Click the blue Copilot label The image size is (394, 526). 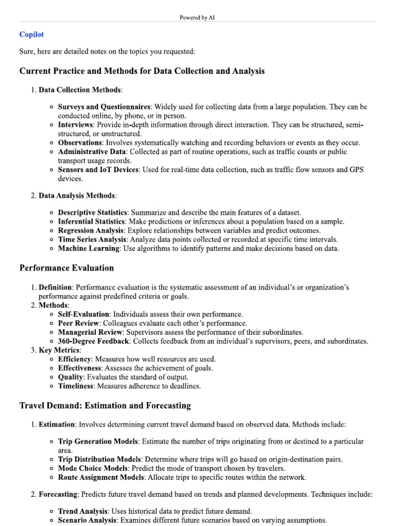coord(31,34)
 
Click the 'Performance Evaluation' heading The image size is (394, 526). coord(67,268)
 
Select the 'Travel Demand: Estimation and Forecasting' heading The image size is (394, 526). coord(105,405)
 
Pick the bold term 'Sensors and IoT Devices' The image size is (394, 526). coord(98,170)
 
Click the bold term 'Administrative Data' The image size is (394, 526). coord(92,152)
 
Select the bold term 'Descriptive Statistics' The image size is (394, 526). coord(92,213)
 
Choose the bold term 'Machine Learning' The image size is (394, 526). coord(89,249)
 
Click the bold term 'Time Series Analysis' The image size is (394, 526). coord(92,239)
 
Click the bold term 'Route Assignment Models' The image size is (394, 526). coord(102,477)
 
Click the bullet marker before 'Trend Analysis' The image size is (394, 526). coord(52,512)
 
